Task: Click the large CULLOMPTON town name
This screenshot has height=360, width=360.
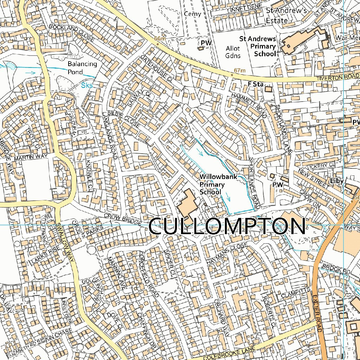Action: (227, 226)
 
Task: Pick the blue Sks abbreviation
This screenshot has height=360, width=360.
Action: (87, 85)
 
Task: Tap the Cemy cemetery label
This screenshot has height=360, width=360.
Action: (193, 14)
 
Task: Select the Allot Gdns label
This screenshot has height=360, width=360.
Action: (232, 52)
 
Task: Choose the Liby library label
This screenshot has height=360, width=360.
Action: (336, 181)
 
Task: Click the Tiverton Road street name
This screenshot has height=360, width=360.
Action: (337, 77)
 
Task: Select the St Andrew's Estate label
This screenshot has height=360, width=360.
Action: (286, 15)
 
